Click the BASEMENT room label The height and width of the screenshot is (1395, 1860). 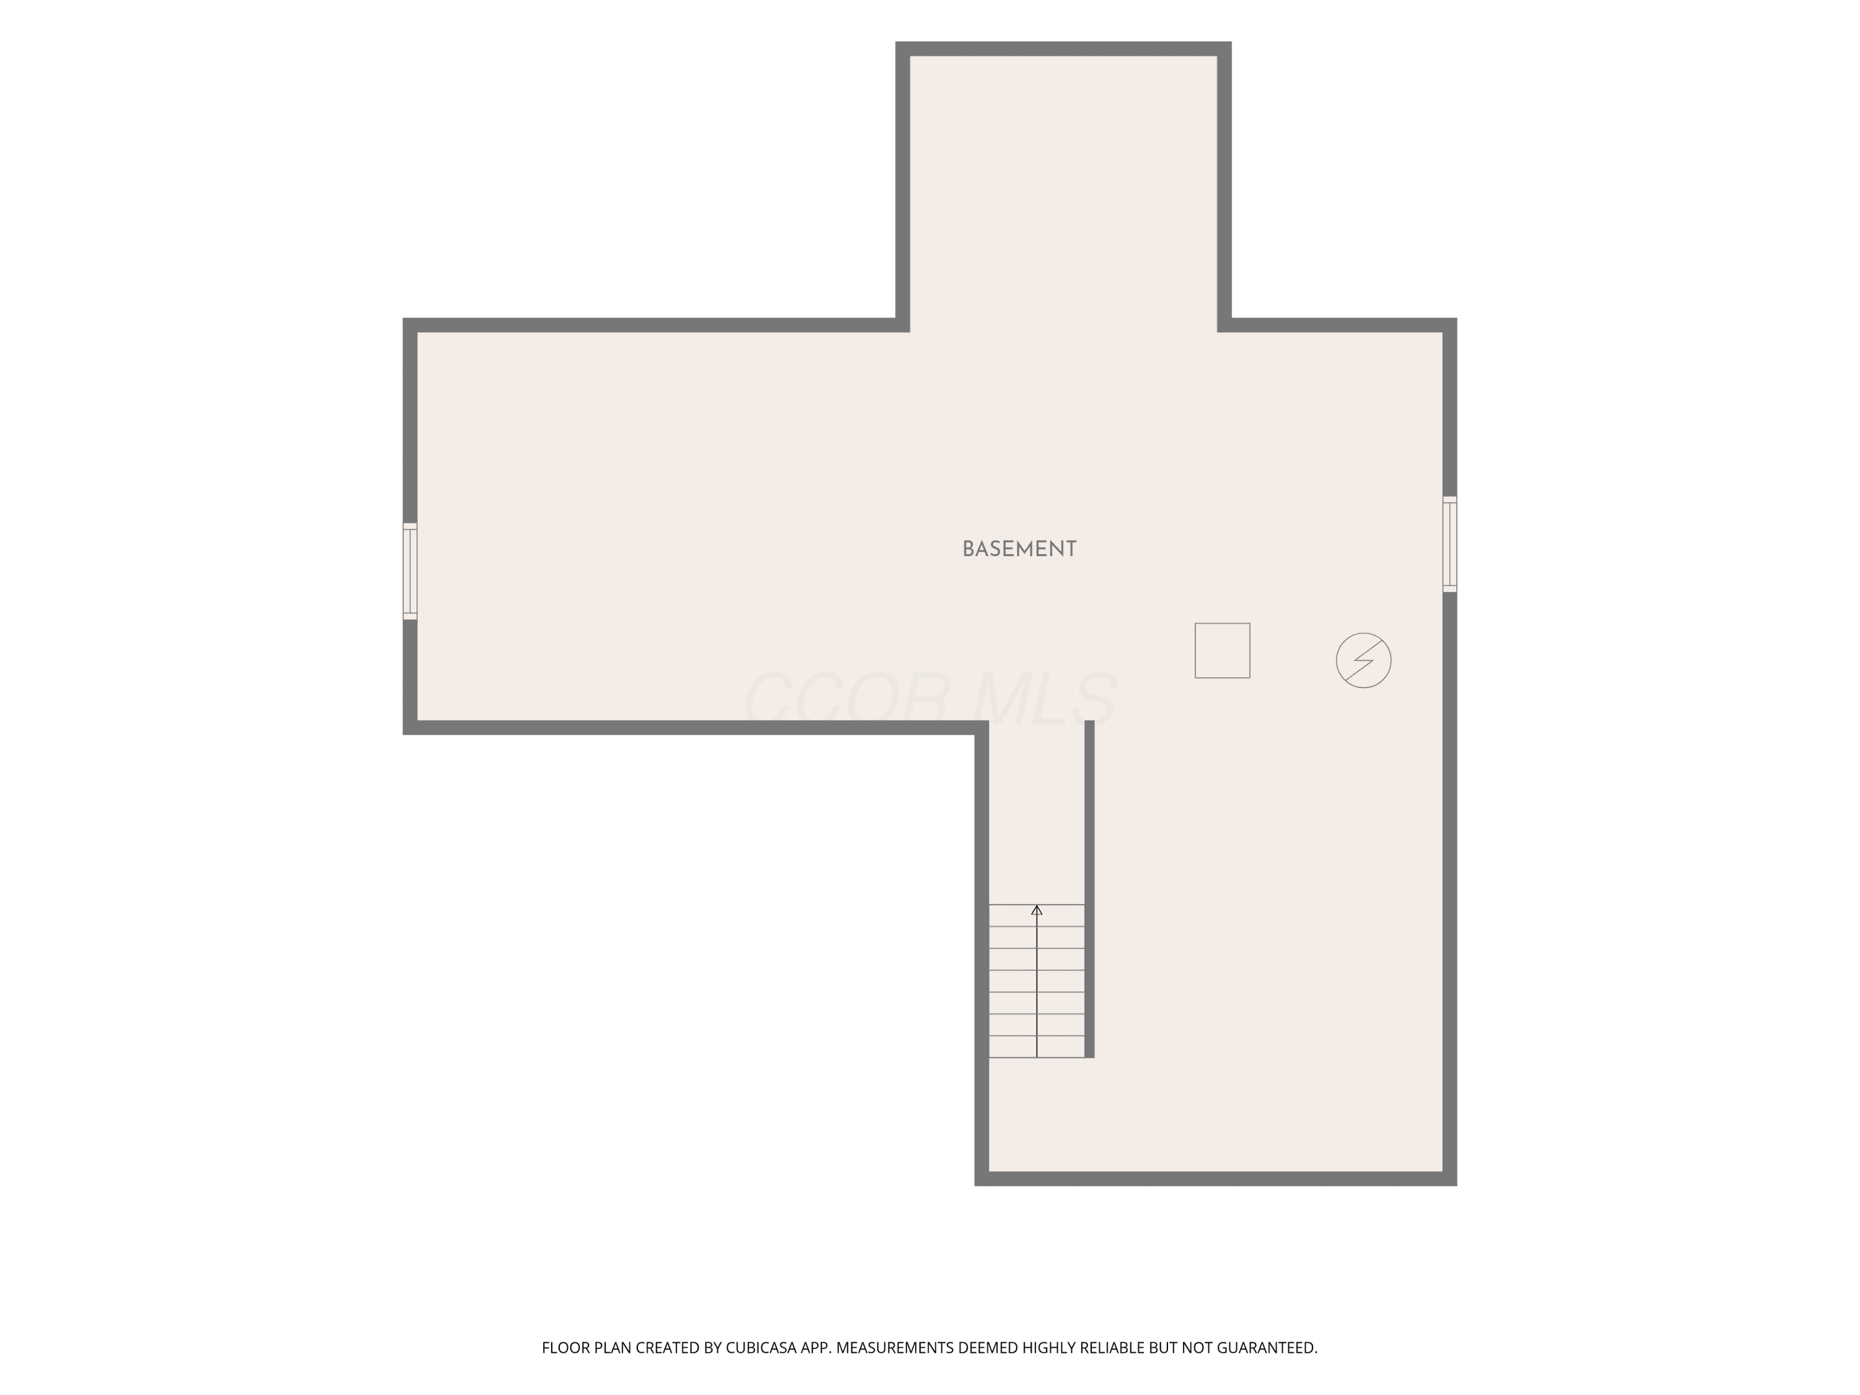pos(1019,549)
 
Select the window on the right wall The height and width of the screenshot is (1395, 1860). pos(1450,544)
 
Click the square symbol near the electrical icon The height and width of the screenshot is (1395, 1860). pos(1222,650)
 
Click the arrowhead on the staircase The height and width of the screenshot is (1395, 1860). pos(1037,910)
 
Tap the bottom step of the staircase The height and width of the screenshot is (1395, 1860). pos(1037,1046)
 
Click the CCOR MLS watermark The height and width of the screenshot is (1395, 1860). pos(930,699)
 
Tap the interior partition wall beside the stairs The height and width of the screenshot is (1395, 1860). pos(1089,889)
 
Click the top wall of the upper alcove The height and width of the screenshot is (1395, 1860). pos(1064,49)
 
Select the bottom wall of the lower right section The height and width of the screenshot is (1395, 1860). pos(1216,1179)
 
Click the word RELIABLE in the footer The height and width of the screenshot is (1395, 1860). pos(1112,1348)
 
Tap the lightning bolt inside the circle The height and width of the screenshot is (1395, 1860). pos(1363,660)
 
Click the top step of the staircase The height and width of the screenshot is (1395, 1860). pos(1037,916)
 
